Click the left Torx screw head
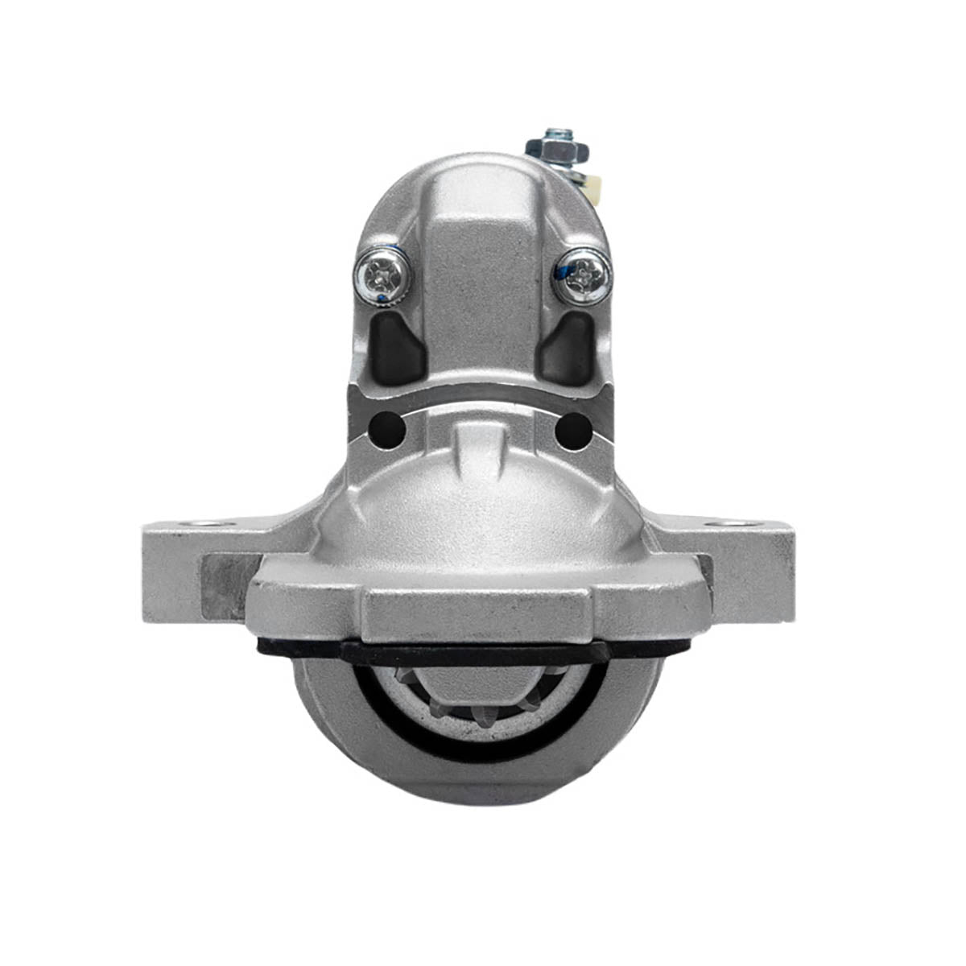382,276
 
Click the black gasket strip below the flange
475,654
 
